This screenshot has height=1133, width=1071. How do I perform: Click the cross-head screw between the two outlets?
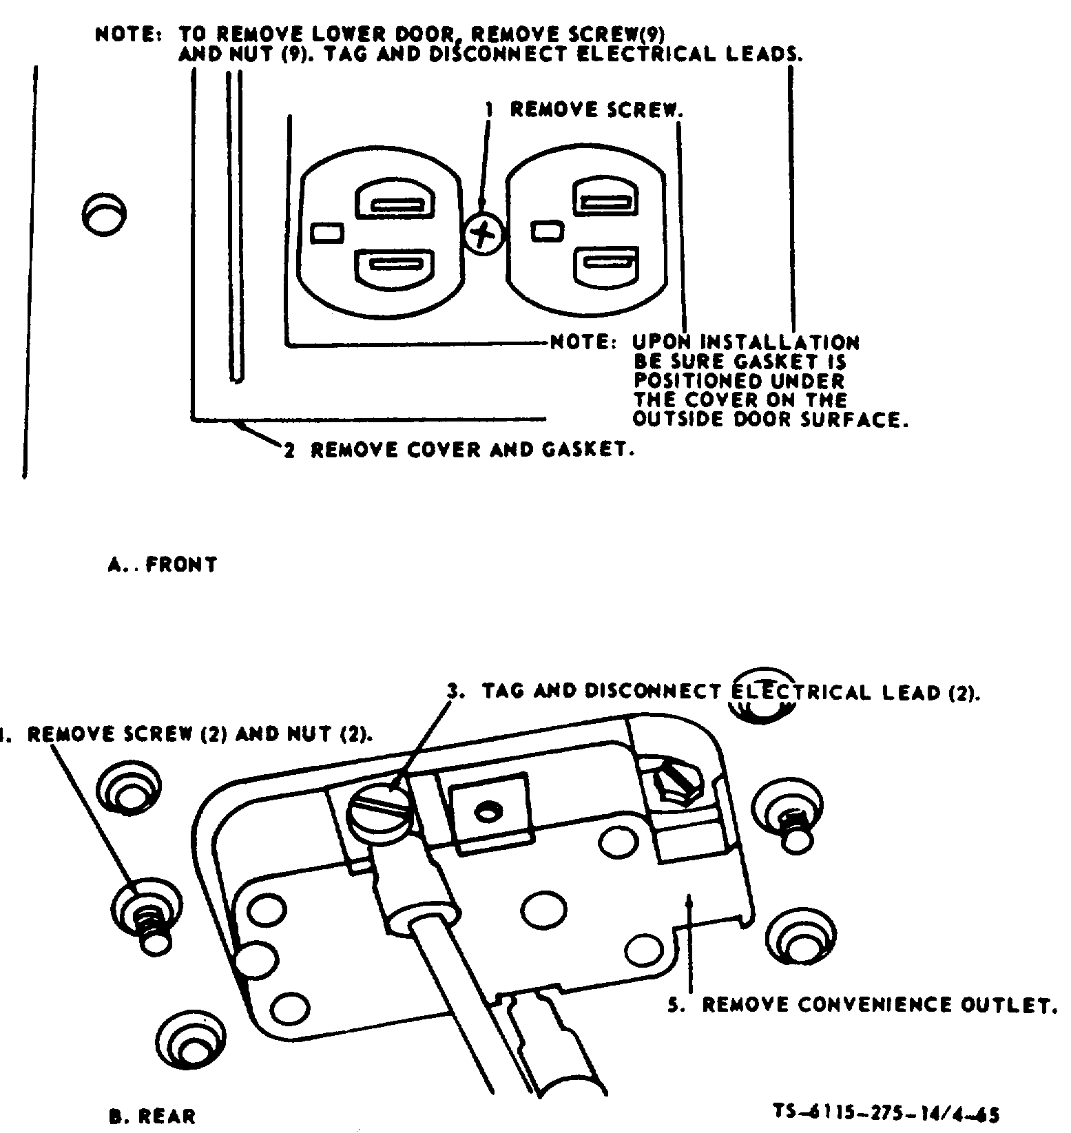[483, 233]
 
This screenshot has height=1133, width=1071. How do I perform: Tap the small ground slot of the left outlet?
[327, 233]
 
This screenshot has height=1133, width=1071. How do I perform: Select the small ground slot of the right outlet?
[548, 231]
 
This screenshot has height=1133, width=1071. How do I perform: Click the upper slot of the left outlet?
[395, 205]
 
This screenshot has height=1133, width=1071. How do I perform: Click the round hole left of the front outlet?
[104, 214]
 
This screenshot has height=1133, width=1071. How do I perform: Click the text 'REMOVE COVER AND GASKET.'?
[472, 450]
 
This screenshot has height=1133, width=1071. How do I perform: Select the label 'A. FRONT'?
[163, 565]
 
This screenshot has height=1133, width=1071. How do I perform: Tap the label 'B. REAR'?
[152, 1116]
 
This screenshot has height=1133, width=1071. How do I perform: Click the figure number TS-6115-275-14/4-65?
[887, 1114]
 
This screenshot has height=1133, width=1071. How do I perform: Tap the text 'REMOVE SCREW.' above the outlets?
[597, 110]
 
